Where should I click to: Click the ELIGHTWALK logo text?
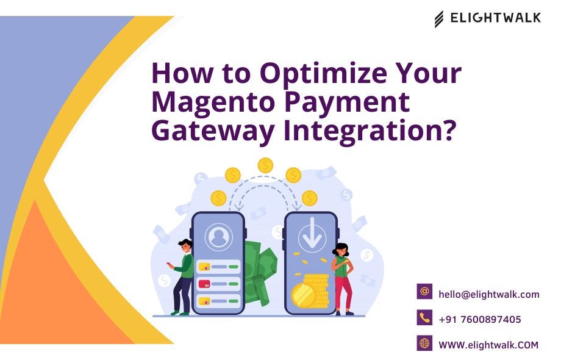(495, 18)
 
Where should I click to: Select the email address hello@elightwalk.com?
(488, 294)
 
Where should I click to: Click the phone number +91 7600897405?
(479, 319)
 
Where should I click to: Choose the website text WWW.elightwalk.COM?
(488, 345)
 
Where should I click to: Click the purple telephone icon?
(424, 317)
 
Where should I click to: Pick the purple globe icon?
(424, 343)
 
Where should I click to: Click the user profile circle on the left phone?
(218, 237)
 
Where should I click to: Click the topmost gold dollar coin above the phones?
(265, 165)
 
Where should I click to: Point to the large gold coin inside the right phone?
(303, 296)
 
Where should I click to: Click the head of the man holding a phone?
(185, 246)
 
